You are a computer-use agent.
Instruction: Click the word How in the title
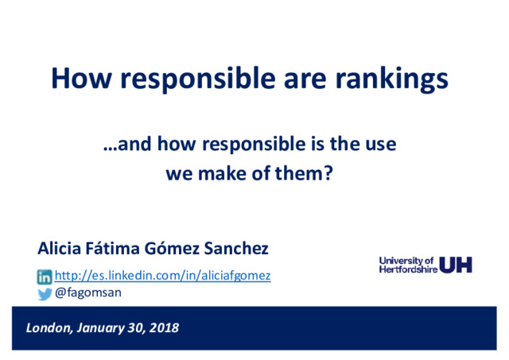81,78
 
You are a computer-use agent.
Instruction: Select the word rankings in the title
391,79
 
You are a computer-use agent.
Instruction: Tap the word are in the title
305,81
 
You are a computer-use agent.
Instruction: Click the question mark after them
328,172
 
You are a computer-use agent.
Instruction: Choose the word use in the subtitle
381,145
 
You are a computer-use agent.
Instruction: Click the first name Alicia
59,249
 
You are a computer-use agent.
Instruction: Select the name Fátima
112,248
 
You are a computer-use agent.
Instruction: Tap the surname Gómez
172,248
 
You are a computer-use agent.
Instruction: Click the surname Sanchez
236,249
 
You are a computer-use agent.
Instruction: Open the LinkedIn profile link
162,276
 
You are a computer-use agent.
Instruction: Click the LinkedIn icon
45,277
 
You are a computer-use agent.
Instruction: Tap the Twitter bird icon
45,294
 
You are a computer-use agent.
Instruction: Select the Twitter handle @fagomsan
88,292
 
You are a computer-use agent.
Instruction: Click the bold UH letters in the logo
456,265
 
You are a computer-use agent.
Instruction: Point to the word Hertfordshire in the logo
408,269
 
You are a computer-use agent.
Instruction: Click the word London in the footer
49,328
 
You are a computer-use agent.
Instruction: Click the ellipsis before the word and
110,149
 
